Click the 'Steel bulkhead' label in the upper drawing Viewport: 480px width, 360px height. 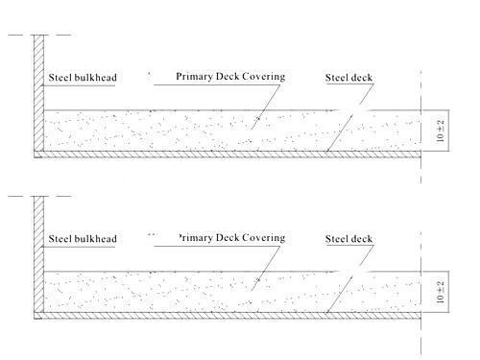[83, 78]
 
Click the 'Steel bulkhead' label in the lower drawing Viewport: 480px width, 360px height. [83, 239]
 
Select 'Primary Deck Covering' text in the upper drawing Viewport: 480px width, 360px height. [230, 77]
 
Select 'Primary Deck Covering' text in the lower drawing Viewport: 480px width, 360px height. [231, 238]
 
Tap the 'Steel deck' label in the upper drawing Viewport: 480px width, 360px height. [348, 78]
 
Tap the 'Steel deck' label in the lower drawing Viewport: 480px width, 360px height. [348, 239]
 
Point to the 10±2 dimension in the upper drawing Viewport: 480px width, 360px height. [441, 131]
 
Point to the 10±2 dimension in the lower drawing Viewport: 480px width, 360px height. [441, 292]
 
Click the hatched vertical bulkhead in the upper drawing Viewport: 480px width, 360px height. [38, 93]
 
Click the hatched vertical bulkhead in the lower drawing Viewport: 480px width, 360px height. [38, 254]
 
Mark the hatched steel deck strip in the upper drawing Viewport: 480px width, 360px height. [228, 155]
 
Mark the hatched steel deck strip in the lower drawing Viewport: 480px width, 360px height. [228, 316]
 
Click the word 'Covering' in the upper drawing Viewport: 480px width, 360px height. [263, 77]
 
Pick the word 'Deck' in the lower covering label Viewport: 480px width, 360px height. [228, 238]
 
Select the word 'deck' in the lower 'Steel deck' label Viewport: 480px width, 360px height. [361, 239]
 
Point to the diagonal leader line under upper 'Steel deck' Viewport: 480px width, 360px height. [350, 118]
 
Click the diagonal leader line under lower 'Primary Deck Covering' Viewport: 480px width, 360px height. [266, 268]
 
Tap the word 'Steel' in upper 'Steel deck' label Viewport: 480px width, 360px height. [336, 78]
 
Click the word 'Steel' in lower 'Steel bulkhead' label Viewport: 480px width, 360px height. [60, 239]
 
